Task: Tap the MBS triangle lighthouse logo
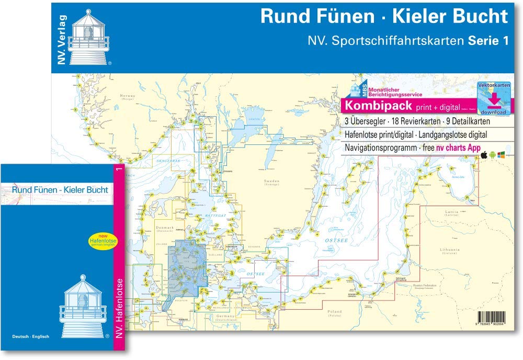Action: (348, 89)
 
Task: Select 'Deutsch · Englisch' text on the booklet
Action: (31, 336)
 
